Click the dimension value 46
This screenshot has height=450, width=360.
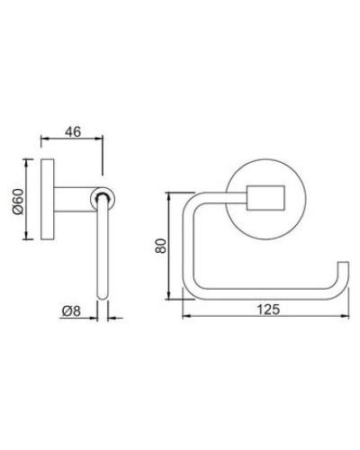click(x=75, y=130)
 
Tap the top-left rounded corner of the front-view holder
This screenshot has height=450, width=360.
click(x=192, y=201)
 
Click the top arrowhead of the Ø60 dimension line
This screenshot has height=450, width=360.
click(x=34, y=162)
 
